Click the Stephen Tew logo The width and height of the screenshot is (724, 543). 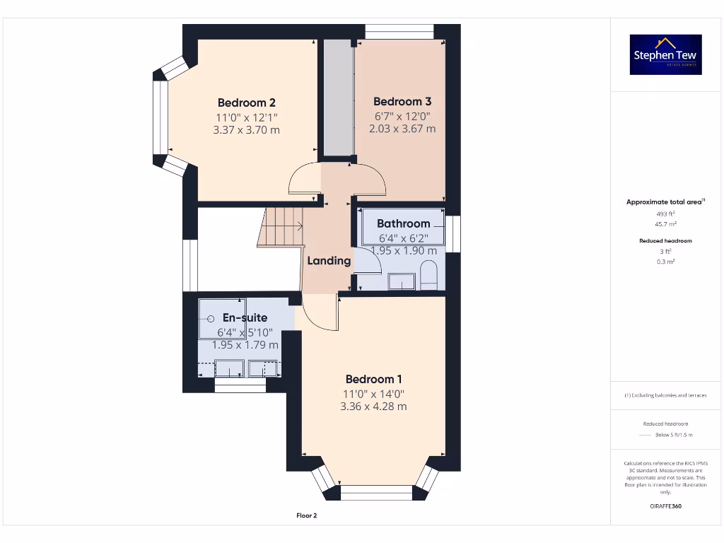pyautogui.click(x=666, y=55)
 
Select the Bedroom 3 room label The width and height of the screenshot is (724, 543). pyautogui.click(x=402, y=101)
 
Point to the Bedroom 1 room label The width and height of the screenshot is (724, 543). pyautogui.click(x=374, y=379)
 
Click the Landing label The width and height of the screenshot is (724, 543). pyautogui.click(x=329, y=260)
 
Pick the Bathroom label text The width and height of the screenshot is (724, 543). pyautogui.click(x=403, y=223)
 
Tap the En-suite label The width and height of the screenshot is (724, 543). pyautogui.click(x=245, y=317)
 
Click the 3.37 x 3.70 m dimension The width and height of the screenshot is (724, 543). pyautogui.click(x=246, y=130)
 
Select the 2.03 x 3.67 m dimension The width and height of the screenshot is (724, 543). pyautogui.click(x=402, y=129)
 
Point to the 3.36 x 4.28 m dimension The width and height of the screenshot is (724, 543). pyautogui.click(x=373, y=407)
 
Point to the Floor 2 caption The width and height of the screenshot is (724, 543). pyautogui.click(x=306, y=515)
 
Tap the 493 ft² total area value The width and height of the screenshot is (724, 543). pyautogui.click(x=665, y=214)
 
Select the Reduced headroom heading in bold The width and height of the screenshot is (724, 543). pyautogui.click(x=665, y=241)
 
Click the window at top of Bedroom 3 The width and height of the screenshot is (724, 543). pyautogui.click(x=399, y=32)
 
